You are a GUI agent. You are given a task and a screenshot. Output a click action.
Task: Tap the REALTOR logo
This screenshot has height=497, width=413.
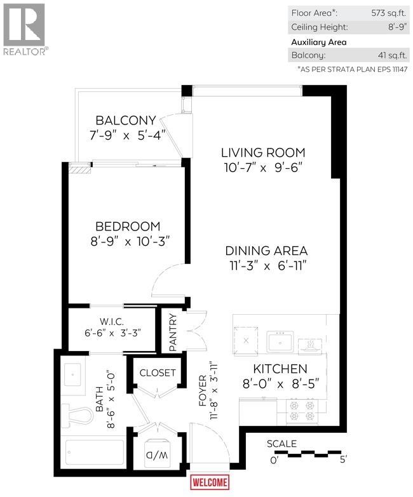click(24, 29)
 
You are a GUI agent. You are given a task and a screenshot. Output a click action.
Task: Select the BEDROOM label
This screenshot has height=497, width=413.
click(128, 226)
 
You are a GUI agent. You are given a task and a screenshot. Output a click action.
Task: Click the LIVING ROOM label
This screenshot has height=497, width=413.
click(263, 152)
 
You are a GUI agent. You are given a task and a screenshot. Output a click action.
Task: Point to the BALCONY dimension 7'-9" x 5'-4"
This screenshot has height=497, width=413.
click(126, 135)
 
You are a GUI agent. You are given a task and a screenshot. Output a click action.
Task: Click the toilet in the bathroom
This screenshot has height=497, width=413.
click(76, 416)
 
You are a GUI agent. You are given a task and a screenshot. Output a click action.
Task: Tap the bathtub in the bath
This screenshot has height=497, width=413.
click(93, 453)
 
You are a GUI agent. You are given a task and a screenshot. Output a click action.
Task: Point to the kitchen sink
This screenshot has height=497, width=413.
click(279, 341)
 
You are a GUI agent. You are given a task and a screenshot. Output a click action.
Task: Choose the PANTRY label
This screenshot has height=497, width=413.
click(172, 330)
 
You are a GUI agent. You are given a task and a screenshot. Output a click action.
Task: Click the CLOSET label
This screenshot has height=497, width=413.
click(157, 373)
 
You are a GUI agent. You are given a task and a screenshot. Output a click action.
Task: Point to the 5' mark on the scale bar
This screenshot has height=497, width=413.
click(343, 460)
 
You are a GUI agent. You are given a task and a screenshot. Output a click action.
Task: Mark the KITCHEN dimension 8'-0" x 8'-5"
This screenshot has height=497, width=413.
click(280, 383)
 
